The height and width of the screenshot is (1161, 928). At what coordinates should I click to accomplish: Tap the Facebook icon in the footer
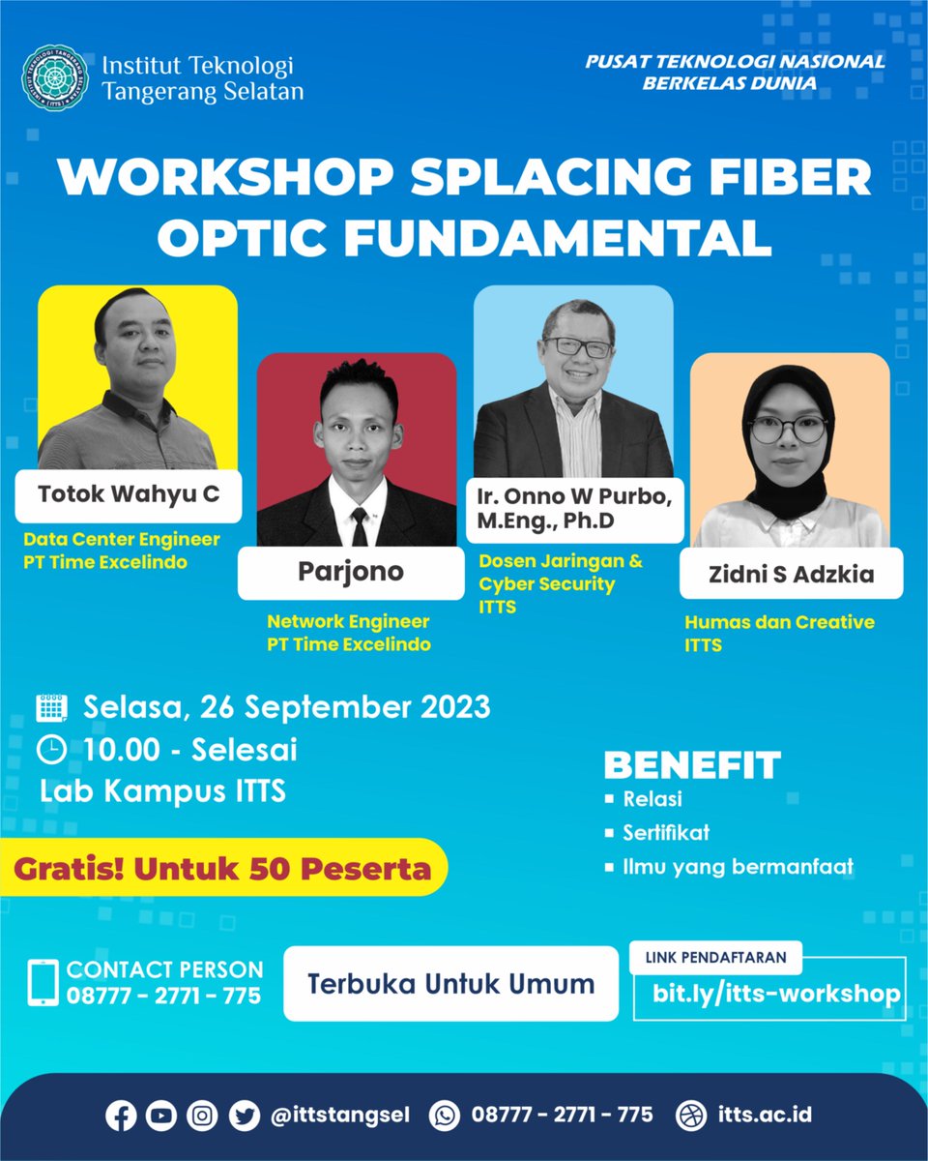pos(120,1115)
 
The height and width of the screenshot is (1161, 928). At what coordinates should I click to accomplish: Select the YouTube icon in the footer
pos(160,1115)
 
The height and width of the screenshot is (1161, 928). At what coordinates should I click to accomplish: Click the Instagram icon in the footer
pos(202,1115)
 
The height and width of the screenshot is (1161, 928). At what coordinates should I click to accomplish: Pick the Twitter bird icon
pos(244,1115)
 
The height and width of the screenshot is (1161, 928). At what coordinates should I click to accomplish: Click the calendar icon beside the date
pos(51,708)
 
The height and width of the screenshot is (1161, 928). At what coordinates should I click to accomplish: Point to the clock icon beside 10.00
pos(51,750)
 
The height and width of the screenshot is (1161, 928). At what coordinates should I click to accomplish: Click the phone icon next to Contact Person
pos(43,983)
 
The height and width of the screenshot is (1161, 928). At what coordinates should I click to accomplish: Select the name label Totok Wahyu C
pos(129,494)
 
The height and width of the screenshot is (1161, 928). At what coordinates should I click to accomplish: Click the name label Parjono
pos(350,572)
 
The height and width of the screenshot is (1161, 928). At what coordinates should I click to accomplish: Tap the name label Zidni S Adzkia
pos(791,574)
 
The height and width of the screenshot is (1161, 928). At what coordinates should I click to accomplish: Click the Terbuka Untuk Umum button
pos(450,984)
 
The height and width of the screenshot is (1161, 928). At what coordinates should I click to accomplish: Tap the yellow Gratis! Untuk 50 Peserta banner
pos(222,868)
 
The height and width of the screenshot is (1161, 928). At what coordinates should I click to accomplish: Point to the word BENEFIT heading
pos(692,765)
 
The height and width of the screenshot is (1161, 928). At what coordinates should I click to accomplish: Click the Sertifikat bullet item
pos(666,832)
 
